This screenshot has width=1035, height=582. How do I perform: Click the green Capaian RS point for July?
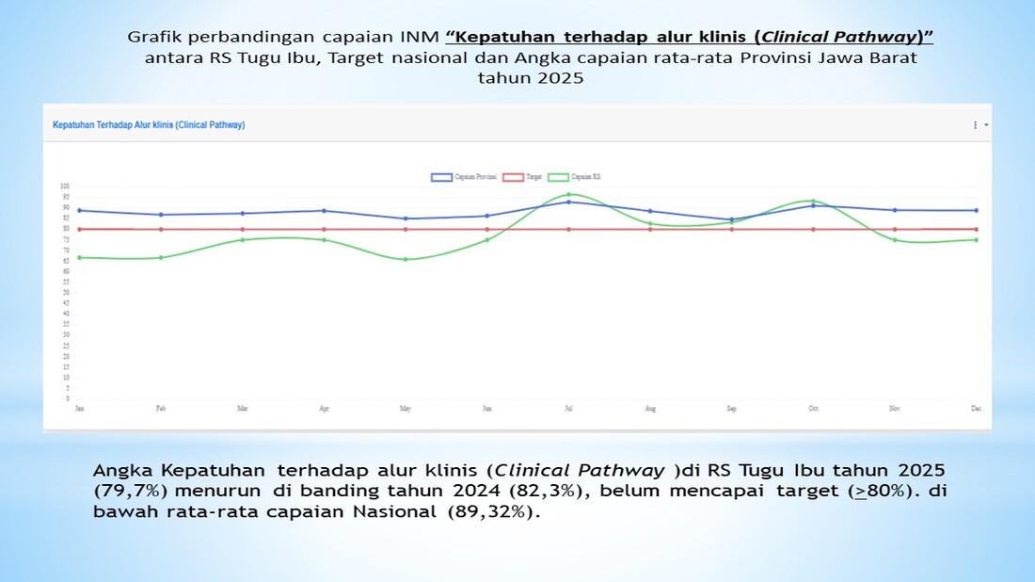(568, 194)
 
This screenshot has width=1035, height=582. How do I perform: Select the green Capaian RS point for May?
(406, 259)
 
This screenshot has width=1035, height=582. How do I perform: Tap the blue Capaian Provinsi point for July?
(568, 202)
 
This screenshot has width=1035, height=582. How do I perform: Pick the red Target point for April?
(324, 229)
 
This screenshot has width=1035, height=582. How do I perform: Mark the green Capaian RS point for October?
(813, 201)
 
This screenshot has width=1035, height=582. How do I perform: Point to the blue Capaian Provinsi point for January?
(80, 210)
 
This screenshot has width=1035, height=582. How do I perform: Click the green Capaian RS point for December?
(976, 239)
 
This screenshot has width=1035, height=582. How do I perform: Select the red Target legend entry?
(522, 177)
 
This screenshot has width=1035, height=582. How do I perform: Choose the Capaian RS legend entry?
(575, 177)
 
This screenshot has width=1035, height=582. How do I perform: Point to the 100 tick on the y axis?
(65, 186)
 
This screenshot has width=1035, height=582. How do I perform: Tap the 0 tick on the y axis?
(68, 399)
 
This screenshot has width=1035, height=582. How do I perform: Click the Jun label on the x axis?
(486, 409)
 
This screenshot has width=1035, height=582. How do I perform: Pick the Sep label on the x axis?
(731, 409)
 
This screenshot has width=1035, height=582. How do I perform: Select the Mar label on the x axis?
(243, 409)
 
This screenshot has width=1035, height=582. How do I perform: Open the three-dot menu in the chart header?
(975, 124)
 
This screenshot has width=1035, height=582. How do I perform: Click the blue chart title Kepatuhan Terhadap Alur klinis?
(149, 124)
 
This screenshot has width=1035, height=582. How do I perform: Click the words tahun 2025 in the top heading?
(530, 78)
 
